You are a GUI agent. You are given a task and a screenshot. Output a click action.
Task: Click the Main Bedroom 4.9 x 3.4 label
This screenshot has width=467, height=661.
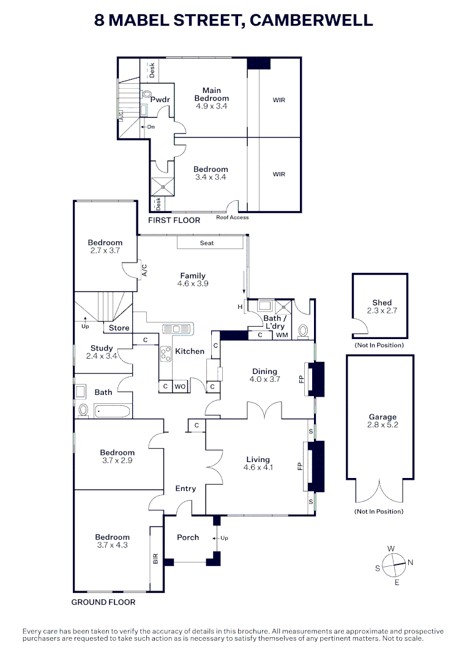tap(212, 98)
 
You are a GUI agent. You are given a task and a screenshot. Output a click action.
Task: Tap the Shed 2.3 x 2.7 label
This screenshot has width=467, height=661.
tap(382, 307)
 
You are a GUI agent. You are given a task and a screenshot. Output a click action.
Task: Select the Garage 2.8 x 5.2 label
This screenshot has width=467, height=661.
tap(382, 421)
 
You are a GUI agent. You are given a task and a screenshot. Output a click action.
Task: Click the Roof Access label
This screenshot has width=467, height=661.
tap(232, 217)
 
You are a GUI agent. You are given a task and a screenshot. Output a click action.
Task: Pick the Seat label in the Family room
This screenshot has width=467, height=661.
tap(207, 243)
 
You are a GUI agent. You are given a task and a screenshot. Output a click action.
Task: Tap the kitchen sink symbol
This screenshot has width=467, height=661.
tap(177, 329)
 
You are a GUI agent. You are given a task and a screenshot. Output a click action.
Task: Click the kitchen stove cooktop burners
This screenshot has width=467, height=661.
tap(165, 354)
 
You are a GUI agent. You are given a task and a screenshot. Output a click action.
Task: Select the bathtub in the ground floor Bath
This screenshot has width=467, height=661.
tap(113, 411)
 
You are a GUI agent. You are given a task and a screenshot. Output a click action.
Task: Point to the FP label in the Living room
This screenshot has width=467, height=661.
tap(300, 466)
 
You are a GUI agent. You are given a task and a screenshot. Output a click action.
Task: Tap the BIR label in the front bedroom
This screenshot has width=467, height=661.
tap(155, 558)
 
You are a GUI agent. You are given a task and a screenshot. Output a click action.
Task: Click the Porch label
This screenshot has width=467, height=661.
tap(188, 537)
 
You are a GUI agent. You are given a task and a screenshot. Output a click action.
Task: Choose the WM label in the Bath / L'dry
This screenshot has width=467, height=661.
tap(282, 335)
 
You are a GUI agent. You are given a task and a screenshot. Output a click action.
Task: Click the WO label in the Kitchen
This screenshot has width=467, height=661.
tap(181, 387)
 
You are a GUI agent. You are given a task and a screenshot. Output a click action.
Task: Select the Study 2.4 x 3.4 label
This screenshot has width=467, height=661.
tap(102, 352)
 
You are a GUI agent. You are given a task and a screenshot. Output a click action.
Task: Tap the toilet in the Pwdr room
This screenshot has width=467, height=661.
tap(146, 95)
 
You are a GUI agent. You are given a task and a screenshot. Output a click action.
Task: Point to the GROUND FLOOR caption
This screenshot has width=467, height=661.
tap(103, 602)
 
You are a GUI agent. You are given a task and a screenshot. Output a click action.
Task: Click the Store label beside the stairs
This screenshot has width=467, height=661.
tap(119, 328)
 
